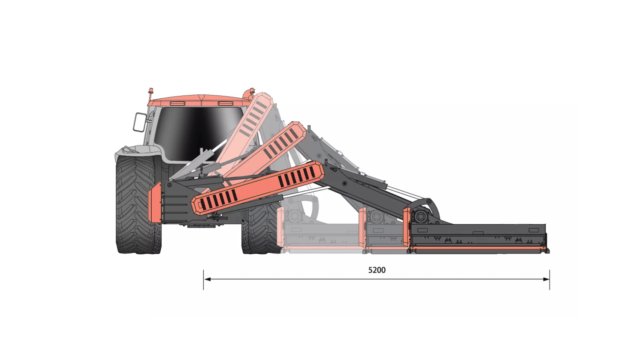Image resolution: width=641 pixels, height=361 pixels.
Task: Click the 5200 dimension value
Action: tap(377, 270)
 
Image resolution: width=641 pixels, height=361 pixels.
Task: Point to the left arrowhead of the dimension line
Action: tap(207, 279)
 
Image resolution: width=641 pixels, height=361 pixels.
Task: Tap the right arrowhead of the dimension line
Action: tap(546, 279)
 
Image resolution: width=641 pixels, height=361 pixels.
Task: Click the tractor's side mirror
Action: tap(140, 122)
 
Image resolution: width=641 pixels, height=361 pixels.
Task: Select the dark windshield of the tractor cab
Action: tap(200, 133)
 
